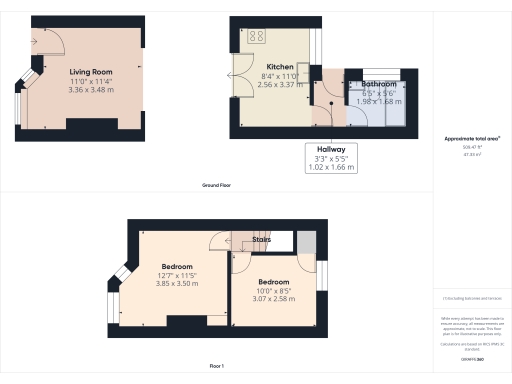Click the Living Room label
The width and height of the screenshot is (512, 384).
[90, 73]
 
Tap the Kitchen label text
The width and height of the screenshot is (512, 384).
[265, 66]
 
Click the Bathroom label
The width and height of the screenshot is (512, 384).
[379, 85]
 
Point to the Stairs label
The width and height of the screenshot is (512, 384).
[262, 240]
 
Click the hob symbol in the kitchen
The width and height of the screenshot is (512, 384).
[252, 36]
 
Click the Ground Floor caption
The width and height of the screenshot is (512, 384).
[217, 186]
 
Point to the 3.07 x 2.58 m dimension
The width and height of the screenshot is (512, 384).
[272, 298]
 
